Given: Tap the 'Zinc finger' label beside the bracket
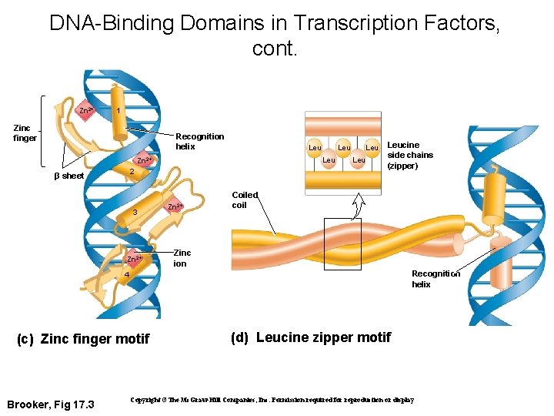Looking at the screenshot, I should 25,133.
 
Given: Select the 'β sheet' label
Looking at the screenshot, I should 68,176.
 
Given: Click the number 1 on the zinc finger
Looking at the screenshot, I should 117,111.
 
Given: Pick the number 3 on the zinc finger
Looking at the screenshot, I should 134,212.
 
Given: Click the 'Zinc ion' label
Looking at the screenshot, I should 182,258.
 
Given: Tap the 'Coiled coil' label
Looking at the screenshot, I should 245,200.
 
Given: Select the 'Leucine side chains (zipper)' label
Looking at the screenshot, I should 410,155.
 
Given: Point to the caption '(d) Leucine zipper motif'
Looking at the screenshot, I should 311,337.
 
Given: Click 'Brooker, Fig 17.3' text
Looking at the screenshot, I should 50,404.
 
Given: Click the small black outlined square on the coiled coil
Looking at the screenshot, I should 342,243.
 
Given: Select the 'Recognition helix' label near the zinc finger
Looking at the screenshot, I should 200,141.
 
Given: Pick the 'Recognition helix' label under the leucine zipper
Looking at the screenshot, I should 436,279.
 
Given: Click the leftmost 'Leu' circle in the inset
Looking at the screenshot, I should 315,147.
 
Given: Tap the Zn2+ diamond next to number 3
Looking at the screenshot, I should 175,206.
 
